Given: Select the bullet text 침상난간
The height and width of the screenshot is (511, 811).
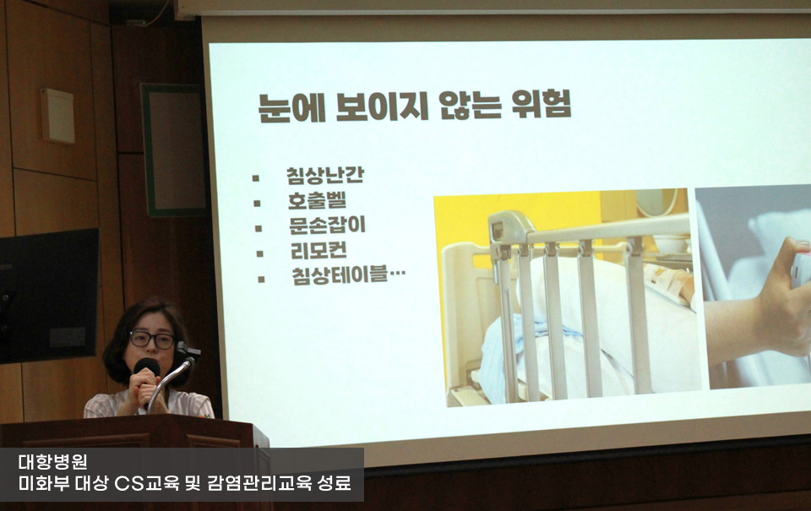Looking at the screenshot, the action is pyautogui.click(x=324, y=176).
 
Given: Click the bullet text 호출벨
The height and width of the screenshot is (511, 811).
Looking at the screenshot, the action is pyautogui.click(x=317, y=201).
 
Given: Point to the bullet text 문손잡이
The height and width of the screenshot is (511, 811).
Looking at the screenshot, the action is pyautogui.click(x=327, y=226).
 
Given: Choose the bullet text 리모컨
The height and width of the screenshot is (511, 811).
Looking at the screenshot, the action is pyautogui.click(x=318, y=251).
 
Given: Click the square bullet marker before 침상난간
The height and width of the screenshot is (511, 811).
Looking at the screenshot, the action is pyautogui.click(x=255, y=178).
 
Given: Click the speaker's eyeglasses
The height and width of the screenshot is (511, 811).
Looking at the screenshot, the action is pyautogui.click(x=153, y=340).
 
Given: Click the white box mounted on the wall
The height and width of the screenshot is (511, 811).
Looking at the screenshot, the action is pyautogui.click(x=58, y=116).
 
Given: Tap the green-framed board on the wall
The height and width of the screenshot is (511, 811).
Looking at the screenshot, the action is pyautogui.click(x=173, y=150).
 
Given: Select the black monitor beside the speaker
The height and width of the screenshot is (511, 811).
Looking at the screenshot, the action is pyautogui.click(x=49, y=296).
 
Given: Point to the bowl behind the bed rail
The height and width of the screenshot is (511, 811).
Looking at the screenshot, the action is pyautogui.click(x=671, y=243).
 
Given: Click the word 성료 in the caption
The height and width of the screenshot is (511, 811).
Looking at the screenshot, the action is pyautogui.click(x=335, y=484).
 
